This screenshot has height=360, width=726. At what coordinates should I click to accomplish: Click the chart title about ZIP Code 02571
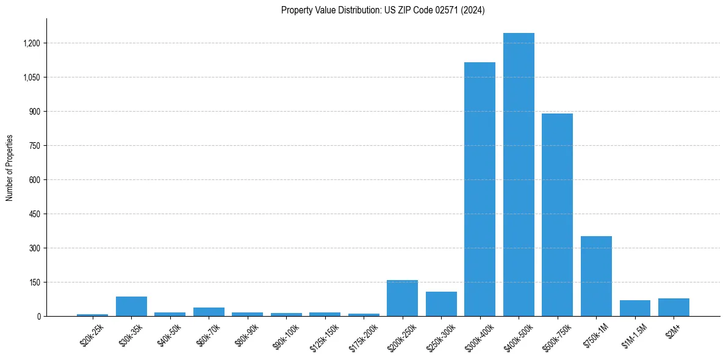tap(383, 10)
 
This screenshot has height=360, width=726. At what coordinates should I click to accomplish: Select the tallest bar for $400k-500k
tap(519, 175)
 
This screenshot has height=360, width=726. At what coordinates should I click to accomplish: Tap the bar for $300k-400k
tap(480, 189)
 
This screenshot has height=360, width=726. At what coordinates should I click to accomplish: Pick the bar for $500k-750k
tap(557, 215)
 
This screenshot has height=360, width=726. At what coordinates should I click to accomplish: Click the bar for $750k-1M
tap(596, 276)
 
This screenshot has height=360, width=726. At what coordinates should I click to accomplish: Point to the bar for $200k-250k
tap(402, 298)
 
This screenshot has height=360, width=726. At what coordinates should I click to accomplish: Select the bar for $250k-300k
tap(441, 304)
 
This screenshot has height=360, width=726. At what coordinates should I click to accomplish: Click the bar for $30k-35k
tap(131, 306)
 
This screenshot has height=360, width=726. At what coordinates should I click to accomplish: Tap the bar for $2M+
tap(674, 308)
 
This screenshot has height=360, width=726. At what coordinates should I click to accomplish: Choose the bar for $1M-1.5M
tap(634, 308)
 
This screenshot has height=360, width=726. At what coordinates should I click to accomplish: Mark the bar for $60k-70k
tap(209, 312)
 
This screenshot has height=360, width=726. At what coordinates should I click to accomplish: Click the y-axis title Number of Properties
tap(10, 167)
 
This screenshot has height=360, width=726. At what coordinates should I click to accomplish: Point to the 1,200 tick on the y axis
tap(32, 43)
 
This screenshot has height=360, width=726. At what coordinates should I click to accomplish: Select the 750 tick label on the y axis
tap(35, 146)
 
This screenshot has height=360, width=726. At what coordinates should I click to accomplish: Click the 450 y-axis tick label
tap(35, 214)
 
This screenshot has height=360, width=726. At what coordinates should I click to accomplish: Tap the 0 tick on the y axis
tap(39, 317)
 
